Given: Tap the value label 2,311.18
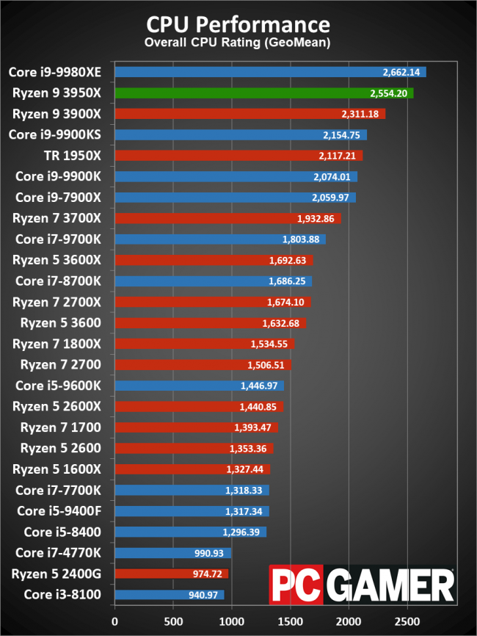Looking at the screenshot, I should [x=360, y=115].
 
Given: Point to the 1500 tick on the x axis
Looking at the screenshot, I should [x=291, y=621].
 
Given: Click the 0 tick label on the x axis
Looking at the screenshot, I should [x=114, y=621].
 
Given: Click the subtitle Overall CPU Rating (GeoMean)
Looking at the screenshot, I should [x=238, y=43].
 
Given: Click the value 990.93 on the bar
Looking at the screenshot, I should [x=210, y=553].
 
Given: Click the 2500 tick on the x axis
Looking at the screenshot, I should [x=408, y=621].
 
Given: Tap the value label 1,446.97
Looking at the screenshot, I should [x=260, y=386].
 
